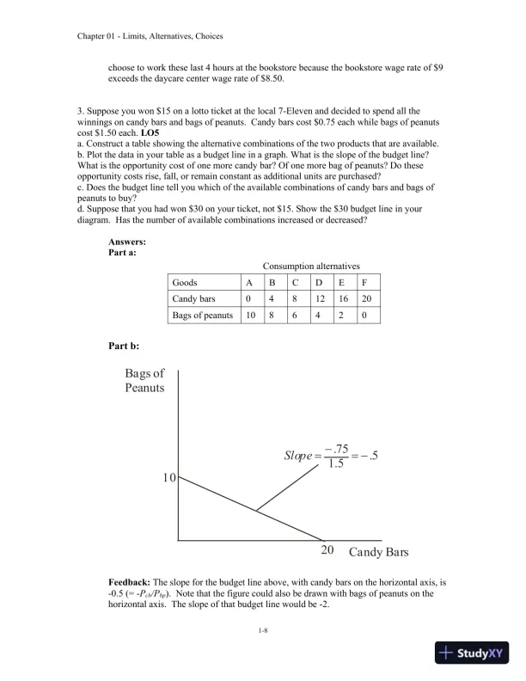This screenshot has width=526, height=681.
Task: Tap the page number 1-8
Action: click(x=263, y=632)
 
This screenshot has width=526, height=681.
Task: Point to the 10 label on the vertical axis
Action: click(x=168, y=477)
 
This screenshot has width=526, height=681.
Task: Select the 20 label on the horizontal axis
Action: click(x=327, y=550)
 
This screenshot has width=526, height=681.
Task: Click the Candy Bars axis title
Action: click(x=378, y=550)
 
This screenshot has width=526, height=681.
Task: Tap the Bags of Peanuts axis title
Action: click(x=144, y=381)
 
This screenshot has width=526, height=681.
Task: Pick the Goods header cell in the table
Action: click(x=185, y=282)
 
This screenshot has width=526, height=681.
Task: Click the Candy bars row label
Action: click(x=193, y=298)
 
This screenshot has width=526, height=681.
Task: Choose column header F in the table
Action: click(x=366, y=282)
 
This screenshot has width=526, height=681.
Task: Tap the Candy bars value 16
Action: click(x=344, y=298)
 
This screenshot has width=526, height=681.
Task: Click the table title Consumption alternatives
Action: click(x=311, y=267)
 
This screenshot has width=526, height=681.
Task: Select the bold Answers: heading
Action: click(x=127, y=242)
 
